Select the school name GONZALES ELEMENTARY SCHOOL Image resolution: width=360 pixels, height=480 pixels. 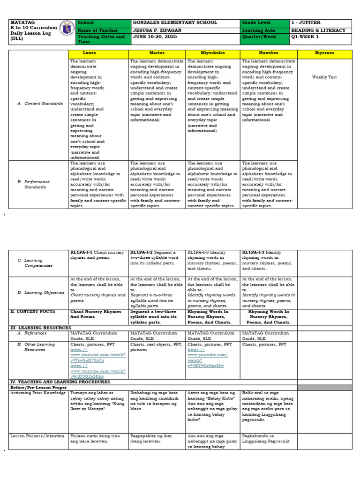(175, 22)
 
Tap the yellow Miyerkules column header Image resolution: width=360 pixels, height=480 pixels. (213, 53)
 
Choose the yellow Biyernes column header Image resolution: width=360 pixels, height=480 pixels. (325, 53)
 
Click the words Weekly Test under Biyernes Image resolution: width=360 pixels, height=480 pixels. (324, 77)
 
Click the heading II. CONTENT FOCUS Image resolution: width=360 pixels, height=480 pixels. (32, 311)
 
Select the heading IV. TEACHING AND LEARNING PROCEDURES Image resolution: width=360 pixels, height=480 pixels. (60, 382)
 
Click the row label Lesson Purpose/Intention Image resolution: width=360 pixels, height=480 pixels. (37, 436)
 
